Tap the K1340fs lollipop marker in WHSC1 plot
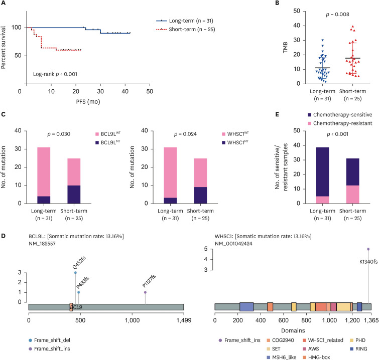(x=368, y=249)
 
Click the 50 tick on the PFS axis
(x=150, y=93)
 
